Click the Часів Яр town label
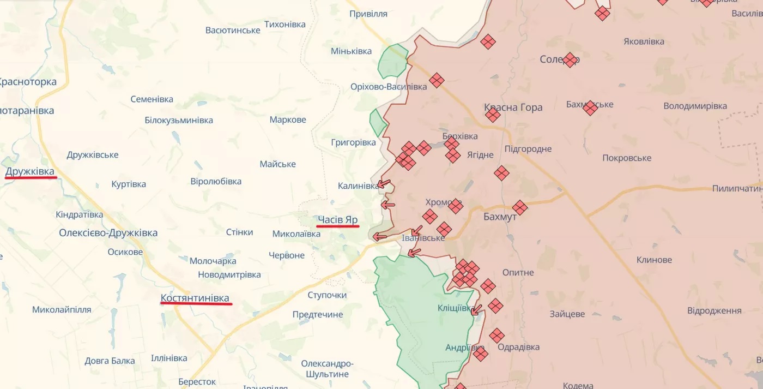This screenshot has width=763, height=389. (338, 219)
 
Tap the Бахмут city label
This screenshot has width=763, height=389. (499, 217)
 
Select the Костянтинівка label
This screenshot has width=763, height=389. (195, 298)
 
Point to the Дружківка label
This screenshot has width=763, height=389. (30, 172)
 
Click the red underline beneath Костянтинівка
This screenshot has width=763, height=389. (196, 304)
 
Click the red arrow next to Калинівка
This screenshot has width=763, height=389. (385, 184)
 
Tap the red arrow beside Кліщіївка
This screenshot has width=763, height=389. (476, 310)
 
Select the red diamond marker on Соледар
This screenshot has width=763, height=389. (570, 59)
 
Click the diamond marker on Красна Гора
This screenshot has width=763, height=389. (493, 115)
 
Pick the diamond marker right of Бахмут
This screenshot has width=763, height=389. (520, 207)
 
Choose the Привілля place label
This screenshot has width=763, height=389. (368, 14)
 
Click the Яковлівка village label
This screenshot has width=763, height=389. (644, 41)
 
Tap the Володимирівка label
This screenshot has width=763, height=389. (695, 106)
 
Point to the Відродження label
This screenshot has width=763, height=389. (714, 310)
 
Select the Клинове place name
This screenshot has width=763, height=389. (654, 260)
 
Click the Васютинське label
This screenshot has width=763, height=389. (233, 30)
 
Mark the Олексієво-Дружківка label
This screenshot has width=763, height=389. (108, 233)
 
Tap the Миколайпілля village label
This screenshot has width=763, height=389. (62, 309)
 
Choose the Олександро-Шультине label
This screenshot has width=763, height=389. (327, 369)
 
